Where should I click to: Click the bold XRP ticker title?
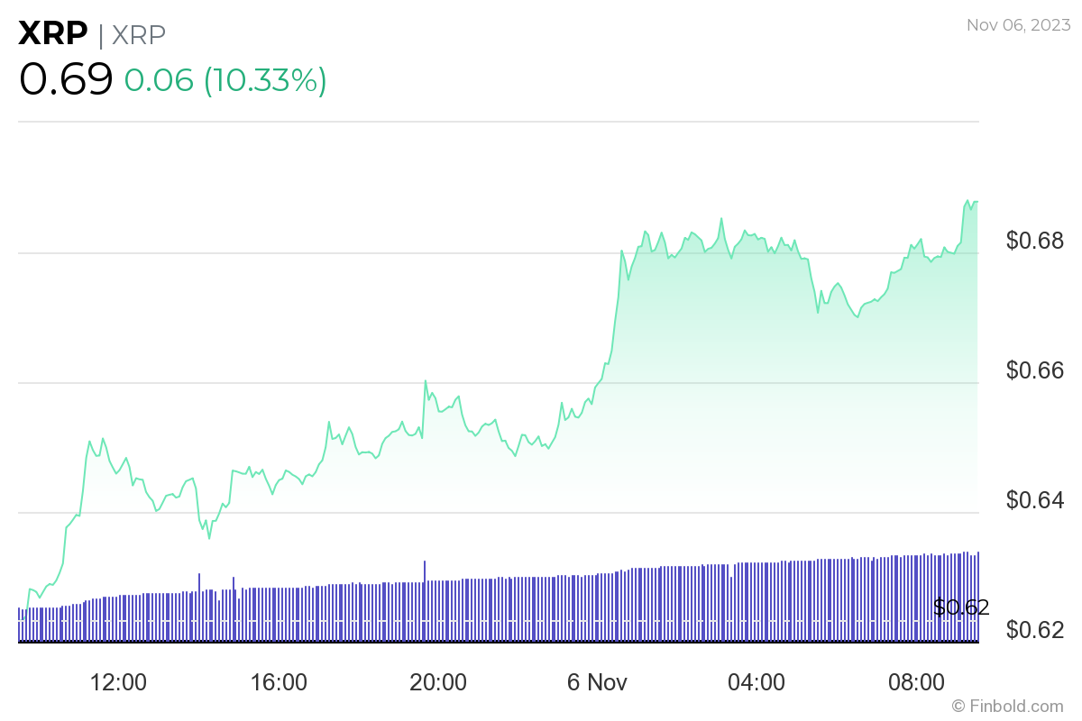pos(53,34)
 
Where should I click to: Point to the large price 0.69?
pos(66,79)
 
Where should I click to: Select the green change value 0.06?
pos(159,80)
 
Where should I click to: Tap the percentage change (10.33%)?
pos(265,80)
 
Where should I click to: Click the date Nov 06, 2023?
pos(1017,26)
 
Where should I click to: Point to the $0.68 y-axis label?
pos(1035,241)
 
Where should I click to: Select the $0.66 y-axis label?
pos(1035,370)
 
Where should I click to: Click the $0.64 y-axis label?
pos(1035,500)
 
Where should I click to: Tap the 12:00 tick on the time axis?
pos(119,682)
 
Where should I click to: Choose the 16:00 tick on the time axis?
pos(279,682)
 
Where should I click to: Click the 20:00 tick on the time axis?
pos(438,682)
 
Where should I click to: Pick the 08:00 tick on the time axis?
pos(917,682)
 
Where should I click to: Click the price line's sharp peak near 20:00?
pos(425,381)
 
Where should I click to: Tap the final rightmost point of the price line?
pos(978,202)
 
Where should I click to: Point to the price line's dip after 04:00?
pos(818,312)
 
